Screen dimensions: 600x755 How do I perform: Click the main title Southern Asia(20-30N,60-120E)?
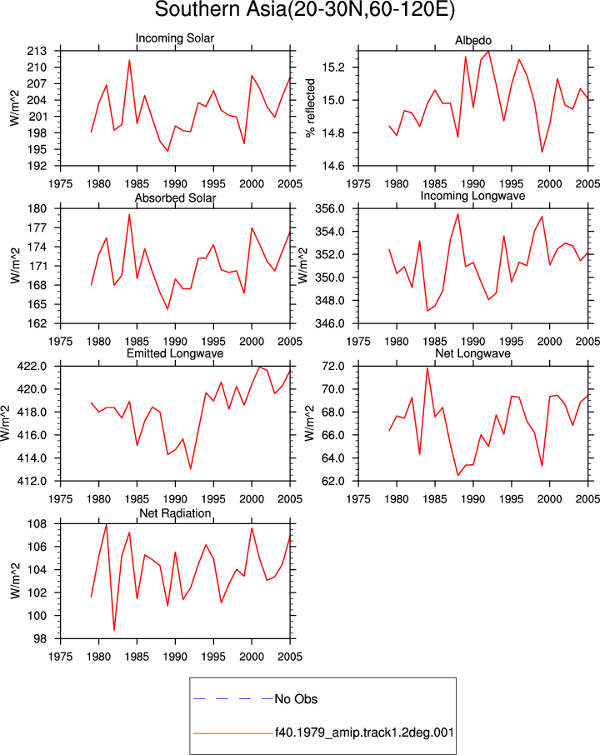tap(304, 10)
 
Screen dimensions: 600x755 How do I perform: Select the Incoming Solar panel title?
tap(175, 38)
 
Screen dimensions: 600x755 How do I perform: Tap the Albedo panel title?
tap(472, 41)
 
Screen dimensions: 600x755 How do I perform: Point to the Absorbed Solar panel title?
tap(175, 197)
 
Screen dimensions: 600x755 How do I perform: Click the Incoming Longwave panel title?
tap(472, 196)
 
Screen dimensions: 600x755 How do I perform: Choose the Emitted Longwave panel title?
tap(175, 353)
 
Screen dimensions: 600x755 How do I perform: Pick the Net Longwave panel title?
tap(472, 353)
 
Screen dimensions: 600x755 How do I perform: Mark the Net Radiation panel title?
tap(175, 513)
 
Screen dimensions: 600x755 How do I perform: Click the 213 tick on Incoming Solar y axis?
tap(37, 51)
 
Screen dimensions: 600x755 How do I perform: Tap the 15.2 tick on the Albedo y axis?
tap(333, 67)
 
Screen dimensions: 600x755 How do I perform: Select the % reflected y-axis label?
tap(311, 107)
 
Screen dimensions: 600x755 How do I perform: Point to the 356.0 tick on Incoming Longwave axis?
tap(330, 209)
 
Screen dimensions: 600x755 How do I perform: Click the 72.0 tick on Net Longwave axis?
tap(333, 367)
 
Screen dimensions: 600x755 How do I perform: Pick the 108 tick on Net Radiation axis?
tap(37, 524)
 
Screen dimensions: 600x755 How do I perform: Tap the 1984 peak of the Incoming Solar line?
tap(129, 60)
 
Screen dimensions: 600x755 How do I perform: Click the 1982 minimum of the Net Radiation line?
tap(114, 630)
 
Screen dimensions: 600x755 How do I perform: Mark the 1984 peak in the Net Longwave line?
tap(427, 367)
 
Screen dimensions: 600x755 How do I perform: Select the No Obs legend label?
tap(296, 699)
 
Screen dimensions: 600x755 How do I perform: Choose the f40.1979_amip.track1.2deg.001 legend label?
tap(364, 732)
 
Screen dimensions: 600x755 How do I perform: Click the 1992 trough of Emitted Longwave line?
tap(191, 468)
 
